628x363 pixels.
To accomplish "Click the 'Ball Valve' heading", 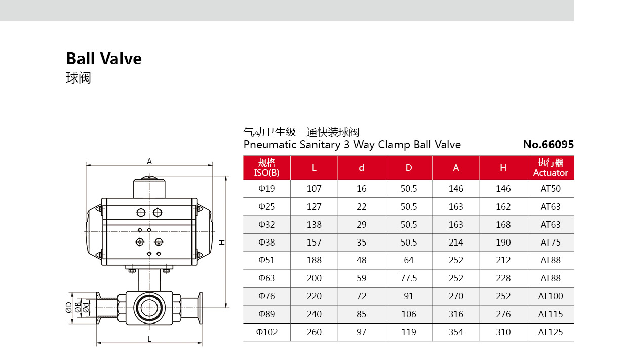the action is click(104, 59).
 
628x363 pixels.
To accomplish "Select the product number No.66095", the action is click(548, 145).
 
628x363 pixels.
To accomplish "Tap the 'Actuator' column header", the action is click(551, 173).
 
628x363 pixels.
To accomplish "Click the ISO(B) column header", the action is click(266, 173).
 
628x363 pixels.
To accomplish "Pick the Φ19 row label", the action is click(266, 189).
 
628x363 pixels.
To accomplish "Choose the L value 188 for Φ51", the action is click(314, 260).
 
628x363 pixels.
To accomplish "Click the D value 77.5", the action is click(409, 278).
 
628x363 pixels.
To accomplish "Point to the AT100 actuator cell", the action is click(551, 296).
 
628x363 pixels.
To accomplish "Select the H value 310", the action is click(503, 332).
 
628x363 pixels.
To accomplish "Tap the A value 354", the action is click(456, 332).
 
